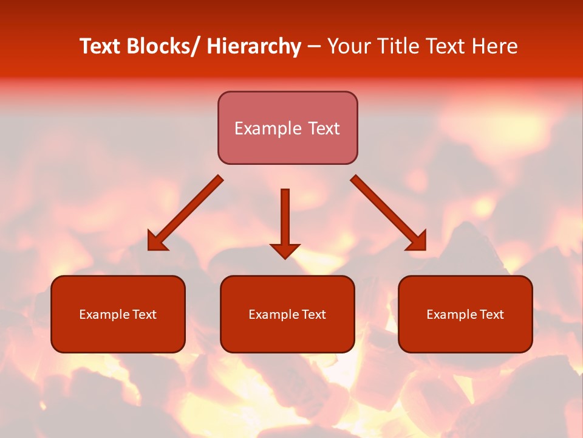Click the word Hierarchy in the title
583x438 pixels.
tap(254, 46)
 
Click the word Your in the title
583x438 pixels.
tap(350, 46)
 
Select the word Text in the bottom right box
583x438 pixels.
tap(491, 315)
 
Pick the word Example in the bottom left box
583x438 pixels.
tap(104, 315)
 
